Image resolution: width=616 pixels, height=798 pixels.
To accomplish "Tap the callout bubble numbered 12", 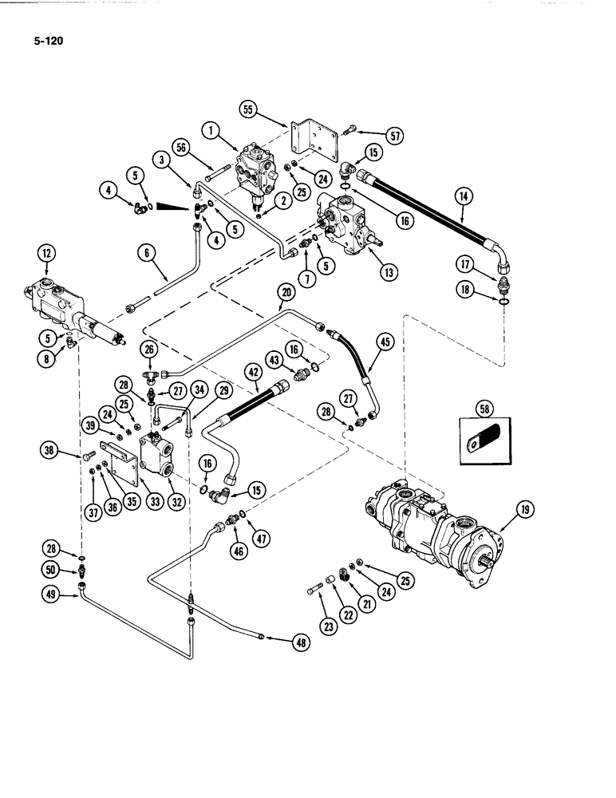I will point(45,255).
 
